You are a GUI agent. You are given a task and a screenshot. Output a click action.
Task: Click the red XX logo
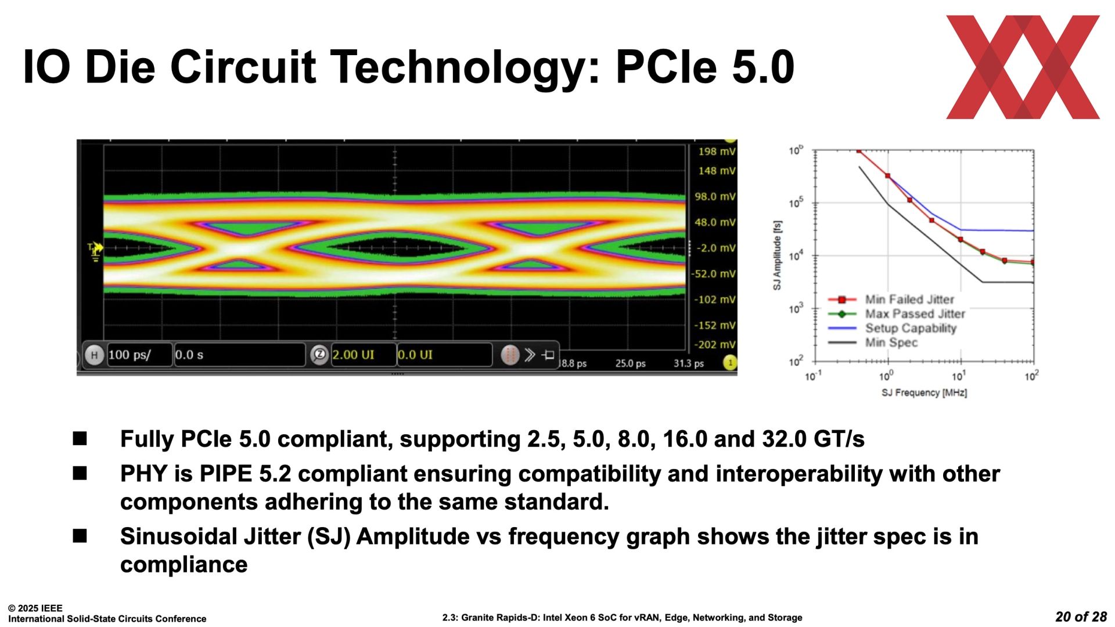coord(1023,67)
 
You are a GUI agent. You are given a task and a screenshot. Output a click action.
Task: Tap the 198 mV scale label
coord(717,152)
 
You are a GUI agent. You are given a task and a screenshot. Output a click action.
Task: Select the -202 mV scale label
coord(715,344)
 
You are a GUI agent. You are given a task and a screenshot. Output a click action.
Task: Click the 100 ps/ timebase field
coord(139,355)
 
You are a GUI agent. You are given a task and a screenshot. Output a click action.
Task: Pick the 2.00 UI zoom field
coord(363,355)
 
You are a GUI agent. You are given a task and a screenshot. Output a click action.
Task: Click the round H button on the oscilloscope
coord(94,355)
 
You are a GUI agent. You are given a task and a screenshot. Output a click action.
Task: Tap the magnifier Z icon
coord(319,355)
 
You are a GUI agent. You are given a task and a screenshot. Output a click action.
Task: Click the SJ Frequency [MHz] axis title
coord(924,393)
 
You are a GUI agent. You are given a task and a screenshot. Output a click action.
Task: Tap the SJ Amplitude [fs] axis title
coord(777,255)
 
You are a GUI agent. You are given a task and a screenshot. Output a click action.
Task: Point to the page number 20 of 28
coord(1081,617)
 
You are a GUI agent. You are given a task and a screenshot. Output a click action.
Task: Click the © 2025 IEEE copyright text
coord(35,608)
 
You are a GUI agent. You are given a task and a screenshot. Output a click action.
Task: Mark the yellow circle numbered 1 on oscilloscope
coord(730,363)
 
